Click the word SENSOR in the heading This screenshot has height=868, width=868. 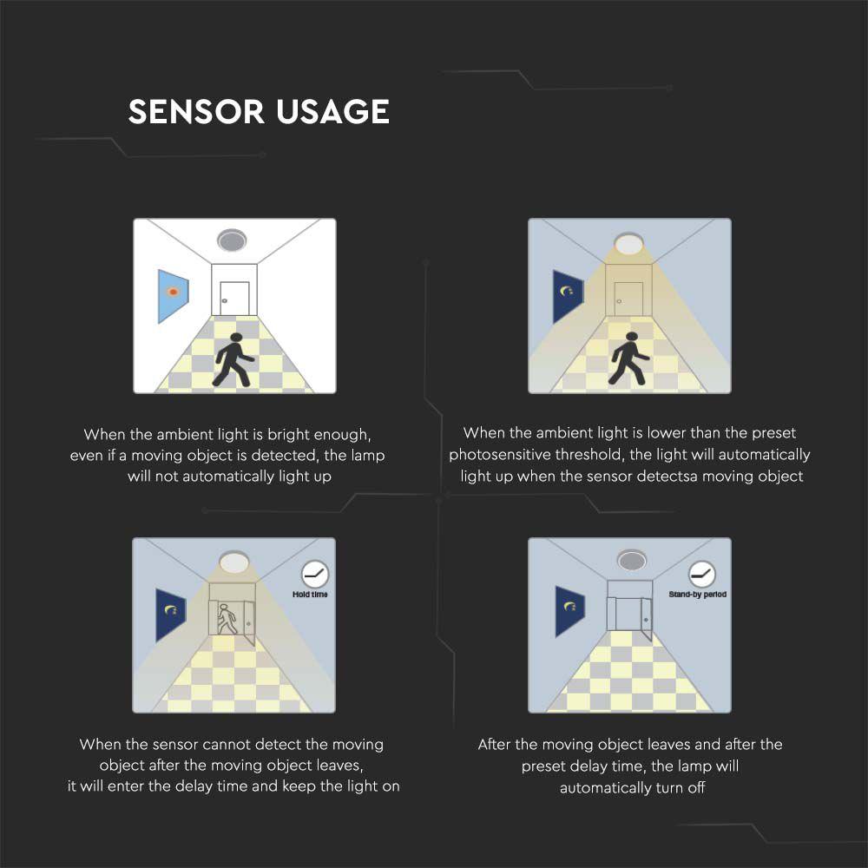(x=196, y=112)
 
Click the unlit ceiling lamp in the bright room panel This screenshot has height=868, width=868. (x=233, y=240)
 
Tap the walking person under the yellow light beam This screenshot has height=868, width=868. (x=628, y=358)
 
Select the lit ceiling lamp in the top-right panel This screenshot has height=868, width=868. (x=628, y=243)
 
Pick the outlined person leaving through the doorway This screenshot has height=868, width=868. (x=227, y=619)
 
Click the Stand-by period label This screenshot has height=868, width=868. (x=697, y=595)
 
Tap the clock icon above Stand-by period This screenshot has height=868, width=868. (x=701, y=573)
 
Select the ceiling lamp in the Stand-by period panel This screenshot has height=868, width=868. (x=630, y=560)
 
